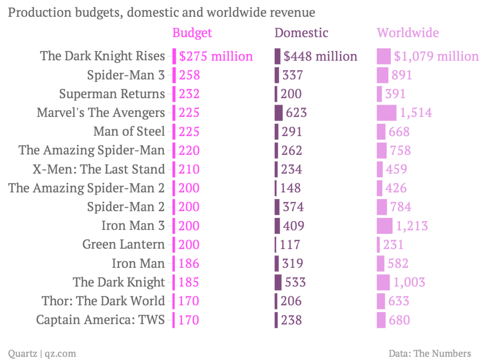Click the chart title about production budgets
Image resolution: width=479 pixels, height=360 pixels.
coord(161,12)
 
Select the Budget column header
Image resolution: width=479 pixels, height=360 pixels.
coord(192,33)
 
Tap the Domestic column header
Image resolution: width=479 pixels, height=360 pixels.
coord(301,33)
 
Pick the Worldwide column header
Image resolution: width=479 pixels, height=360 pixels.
coord(408,33)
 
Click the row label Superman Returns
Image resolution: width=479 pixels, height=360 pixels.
coord(112,94)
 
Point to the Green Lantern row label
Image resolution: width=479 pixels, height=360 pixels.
coord(123,244)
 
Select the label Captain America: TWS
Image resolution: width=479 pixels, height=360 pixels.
coord(100,320)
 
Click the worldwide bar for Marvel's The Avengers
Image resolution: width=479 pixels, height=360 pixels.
coord(386,113)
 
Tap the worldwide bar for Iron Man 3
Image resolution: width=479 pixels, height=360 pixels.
coord(385,226)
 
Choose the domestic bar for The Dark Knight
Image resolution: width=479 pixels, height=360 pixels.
coord(278,282)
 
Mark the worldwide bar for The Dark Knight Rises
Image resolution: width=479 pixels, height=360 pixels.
coord(384,56)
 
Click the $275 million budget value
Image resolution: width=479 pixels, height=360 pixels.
coord(216,56)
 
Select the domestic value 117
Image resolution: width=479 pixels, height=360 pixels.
coord(290,244)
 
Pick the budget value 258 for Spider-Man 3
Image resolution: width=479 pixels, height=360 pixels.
coord(189,75)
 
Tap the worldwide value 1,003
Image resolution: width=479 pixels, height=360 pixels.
coord(409,282)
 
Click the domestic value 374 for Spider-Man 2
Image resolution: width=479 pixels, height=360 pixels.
coord(293,207)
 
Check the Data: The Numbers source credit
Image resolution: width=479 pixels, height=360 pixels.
coord(429,353)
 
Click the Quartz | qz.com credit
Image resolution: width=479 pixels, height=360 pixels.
coord(42,353)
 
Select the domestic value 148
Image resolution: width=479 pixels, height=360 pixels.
coord(290,188)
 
